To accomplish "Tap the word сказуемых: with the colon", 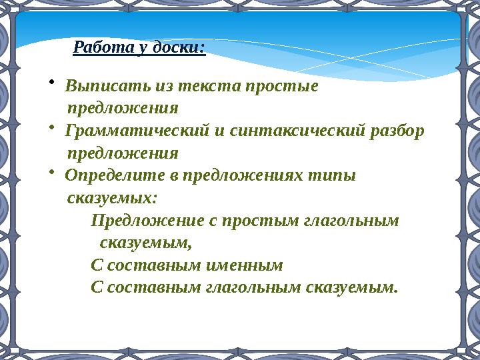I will tap(113, 198).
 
